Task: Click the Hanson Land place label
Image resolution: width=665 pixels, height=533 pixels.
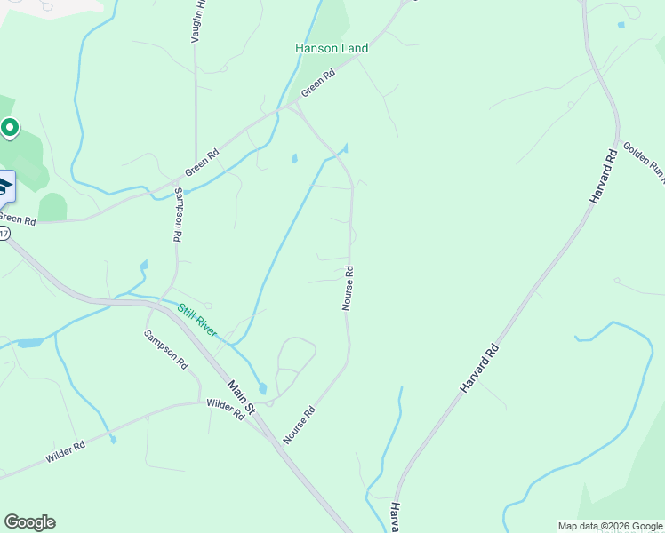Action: [x=332, y=49]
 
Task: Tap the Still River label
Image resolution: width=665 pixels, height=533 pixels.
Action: [x=196, y=320]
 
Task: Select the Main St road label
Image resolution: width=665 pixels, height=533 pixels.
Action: [x=241, y=396]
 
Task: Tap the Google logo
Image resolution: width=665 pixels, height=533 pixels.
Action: [x=29, y=522]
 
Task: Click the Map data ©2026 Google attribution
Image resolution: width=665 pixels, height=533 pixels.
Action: [x=610, y=526]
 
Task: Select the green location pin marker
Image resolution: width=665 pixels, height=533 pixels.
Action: [x=10, y=129]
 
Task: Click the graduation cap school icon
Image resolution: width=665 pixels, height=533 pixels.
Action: [x=4, y=187]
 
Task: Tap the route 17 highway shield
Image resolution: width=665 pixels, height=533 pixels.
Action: [x=4, y=234]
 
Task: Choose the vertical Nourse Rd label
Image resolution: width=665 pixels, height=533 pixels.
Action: [x=349, y=289]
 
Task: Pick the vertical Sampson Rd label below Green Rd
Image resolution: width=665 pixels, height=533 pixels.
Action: [x=178, y=216]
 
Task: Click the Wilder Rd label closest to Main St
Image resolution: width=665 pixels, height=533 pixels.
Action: [x=225, y=409]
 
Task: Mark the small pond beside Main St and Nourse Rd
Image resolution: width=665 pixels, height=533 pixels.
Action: [x=262, y=388]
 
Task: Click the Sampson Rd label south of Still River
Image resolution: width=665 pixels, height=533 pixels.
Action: [x=166, y=349]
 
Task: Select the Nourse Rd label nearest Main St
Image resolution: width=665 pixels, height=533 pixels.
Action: [x=300, y=426]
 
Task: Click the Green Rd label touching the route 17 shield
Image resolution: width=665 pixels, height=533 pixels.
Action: [x=18, y=219]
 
